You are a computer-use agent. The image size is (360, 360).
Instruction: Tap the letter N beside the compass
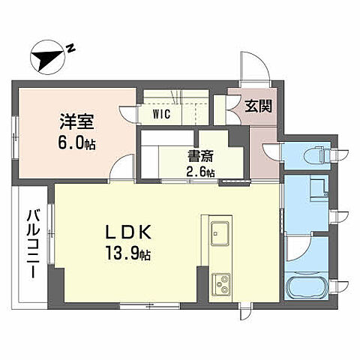pyautogui.click(x=70, y=47)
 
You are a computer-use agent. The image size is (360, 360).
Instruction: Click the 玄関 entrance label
pyautogui.click(x=257, y=105)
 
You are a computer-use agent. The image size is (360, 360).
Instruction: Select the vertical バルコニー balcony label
pyautogui.click(x=32, y=243)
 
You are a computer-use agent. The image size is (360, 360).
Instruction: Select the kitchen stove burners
pyautogui.click(x=220, y=283)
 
